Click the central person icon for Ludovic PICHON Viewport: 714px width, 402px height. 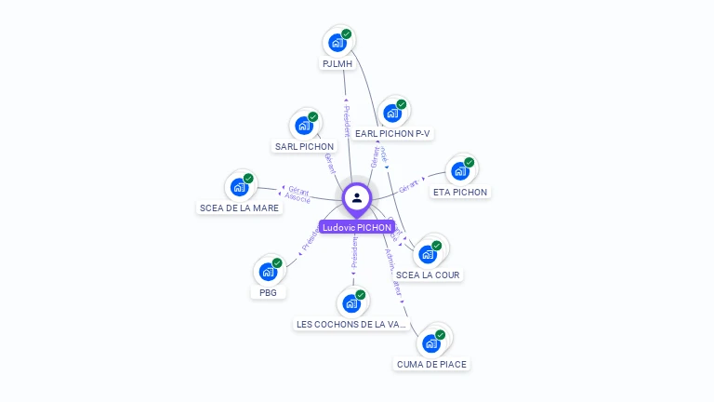coord(357,197)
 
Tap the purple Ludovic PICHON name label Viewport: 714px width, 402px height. coord(357,227)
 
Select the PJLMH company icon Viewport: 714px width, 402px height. coord(337,42)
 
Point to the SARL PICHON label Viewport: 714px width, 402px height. coord(304,147)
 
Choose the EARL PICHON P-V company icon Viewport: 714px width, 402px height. coord(392,112)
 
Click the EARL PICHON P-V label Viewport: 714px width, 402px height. coord(393,134)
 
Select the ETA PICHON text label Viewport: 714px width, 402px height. coord(460,193)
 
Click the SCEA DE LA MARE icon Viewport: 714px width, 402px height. coord(239,186)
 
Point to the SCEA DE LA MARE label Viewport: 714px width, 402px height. coord(239,208)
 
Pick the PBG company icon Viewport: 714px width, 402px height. coord(268,272)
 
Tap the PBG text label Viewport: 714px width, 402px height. coord(268,293)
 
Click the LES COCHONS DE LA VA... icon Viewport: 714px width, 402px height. coord(351,302)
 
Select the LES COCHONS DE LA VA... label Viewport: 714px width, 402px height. coord(351,325)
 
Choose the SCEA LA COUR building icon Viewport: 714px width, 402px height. coord(428,253)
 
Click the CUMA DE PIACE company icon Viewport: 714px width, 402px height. coord(431,342)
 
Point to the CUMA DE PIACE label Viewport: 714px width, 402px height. coord(431,365)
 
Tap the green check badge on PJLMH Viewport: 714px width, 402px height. coord(346,34)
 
